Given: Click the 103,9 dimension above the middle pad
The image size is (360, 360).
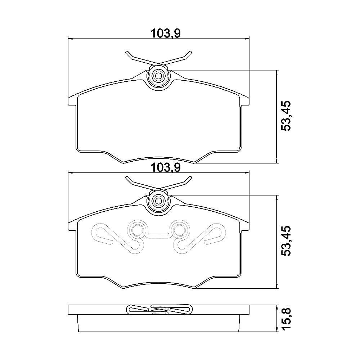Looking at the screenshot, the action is click(x=166, y=168).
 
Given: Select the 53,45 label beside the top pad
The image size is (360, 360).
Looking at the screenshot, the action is click(x=286, y=116).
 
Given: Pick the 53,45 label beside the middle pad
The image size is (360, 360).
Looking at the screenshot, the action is click(x=286, y=241).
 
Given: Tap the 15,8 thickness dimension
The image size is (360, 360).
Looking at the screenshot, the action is click(x=286, y=319).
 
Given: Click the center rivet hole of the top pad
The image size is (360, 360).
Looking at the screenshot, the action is click(x=158, y=75).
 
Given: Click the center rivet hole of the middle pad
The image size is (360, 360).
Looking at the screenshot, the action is click(x=158, y=201).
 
